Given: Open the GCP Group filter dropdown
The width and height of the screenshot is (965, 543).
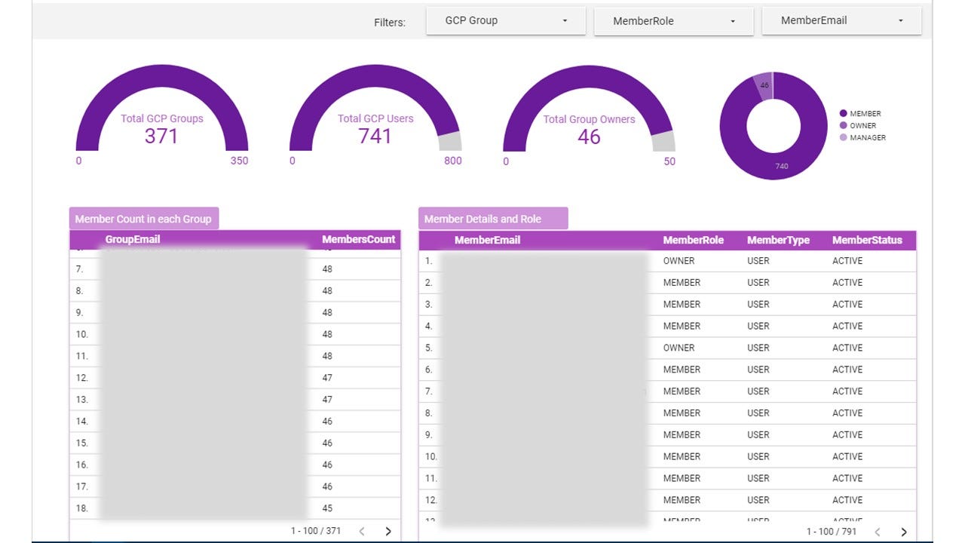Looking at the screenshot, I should tap(505, 21).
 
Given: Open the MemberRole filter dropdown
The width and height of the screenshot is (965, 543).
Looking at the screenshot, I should tap(673, 21).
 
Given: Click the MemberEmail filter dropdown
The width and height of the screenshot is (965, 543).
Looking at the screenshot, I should tap(841, 21).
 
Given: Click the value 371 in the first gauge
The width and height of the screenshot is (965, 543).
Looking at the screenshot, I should tap(161, 137).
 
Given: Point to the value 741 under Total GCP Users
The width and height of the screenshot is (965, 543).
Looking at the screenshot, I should tap(375, 137).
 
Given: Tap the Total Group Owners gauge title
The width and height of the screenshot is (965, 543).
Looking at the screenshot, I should tap(589, 119).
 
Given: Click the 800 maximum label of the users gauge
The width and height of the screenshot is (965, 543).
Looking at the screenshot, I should tap(453, 161).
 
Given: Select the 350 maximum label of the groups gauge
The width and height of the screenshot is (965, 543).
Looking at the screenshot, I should tap(239, 161).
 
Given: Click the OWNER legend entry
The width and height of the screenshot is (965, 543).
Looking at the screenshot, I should tap(862, 126).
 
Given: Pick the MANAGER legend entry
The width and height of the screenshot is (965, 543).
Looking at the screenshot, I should tap(867, 138).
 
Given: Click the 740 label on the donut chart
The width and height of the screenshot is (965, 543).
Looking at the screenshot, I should tap(782, 166).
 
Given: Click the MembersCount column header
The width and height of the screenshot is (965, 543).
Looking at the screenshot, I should tap(358, 240).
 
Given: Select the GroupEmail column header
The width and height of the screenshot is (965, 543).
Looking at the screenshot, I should tap(133, 240).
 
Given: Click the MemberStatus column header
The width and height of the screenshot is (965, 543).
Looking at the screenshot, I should tap(867, 241).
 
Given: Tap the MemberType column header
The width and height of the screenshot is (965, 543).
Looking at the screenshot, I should tap(778, 241).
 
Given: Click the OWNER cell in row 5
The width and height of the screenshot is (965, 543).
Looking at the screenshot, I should tap(679, 348).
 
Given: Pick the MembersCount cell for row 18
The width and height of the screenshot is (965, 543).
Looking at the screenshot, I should tap(327, 508).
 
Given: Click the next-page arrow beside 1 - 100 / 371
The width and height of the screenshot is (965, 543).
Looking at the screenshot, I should tap(388, 531).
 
